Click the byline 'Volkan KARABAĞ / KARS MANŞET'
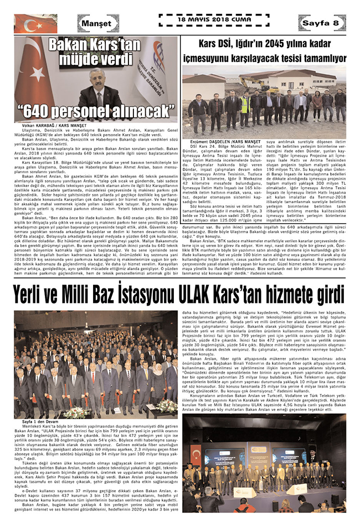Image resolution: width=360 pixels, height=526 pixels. [x=47, y=126]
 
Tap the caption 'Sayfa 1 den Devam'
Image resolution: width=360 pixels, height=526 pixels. [x=37, y=421]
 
